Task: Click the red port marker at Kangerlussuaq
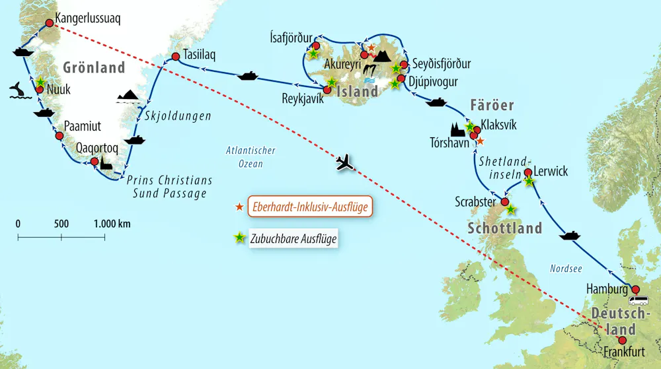(x=49, y=23)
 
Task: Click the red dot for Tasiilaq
(x=175, y=57)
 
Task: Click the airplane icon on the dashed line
(x=345, y=162)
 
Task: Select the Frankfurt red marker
(x=621, y=339)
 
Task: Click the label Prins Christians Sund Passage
(x=170, y=187)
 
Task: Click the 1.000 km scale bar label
(x=112, y=224)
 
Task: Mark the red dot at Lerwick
(x=527, y=173)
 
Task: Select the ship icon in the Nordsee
(x=569, y=235)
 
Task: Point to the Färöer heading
(x=492, y=106)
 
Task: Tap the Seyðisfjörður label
(x=442, y=64)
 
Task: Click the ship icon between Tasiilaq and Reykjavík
(x=247, y=75)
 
